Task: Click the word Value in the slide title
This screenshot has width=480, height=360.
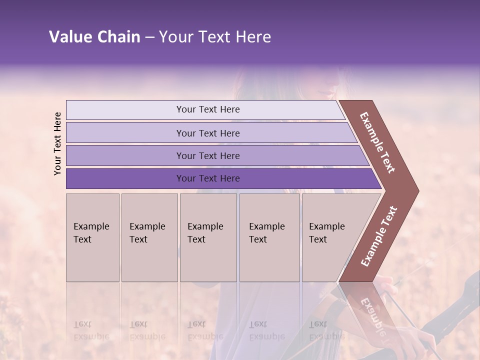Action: coord(69,37)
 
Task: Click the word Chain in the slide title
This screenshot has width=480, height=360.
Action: coord(118,37)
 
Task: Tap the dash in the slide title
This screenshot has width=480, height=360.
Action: coord(149,37)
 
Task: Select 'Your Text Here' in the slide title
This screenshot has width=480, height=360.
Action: coord(215,37)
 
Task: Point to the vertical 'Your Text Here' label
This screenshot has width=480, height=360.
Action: coord(57,143)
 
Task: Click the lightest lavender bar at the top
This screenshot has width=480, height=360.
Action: coord(208,109)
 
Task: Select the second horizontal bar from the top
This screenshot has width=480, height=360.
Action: coord(208,133)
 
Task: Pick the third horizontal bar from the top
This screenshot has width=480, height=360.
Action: coord(208,155)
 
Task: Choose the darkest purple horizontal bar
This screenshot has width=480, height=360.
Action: coord(208,178)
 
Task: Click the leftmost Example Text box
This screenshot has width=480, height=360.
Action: coord(92,237)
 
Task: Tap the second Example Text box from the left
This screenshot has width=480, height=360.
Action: coord(149,237)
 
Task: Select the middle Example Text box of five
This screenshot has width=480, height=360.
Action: coord(208,237)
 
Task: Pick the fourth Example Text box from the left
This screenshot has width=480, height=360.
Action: coord(269,237)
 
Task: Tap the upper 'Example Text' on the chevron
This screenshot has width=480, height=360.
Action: coord(377,142)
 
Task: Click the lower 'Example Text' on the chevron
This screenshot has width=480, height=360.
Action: coord(379,236)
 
